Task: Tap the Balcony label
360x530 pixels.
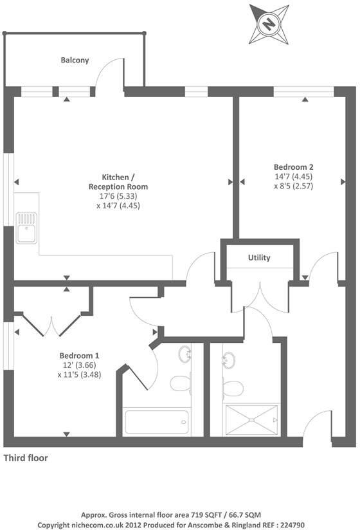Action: click(x=75, y=60)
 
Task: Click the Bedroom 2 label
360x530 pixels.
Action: click(x=293, y=165)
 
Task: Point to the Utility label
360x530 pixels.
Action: click(x=259, y=258)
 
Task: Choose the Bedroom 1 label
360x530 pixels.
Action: click(x=79, y=355)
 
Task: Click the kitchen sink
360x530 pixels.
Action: click(x=26, y=228)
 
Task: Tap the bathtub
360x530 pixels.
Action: click(x=156, y=423)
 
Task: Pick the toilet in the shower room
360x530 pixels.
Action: click(x=232, y=388)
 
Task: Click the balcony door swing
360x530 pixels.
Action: click(x=109, y=74)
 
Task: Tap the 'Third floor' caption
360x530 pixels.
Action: click(x=26, y=459)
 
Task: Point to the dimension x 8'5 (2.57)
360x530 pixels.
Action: click(x=293, y=185)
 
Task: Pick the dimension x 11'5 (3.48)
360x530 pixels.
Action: click(x=80, y=374)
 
